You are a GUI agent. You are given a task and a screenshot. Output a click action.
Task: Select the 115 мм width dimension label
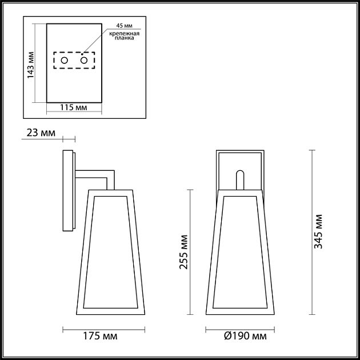pyautogui.click(x=74, y=107)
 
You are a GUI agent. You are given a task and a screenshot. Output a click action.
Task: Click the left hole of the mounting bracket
pyautogui.click(x=65, y=61)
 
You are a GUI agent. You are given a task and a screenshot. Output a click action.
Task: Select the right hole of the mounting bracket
pyautogui.click(x=85, y=61)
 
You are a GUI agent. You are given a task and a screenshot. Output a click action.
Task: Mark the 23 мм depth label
pyautogui.click(x=41, y=134)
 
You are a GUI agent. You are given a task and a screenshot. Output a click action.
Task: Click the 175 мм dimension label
pyautogui.click(x=103, y=335)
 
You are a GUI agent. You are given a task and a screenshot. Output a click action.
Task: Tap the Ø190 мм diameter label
pyautogui.click(x=243, y=335)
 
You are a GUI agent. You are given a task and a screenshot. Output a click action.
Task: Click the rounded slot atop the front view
pyautogui.click(x=240, y=179)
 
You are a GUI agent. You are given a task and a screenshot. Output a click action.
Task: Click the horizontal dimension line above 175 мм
pyautogui.click(x=103, y=329)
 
